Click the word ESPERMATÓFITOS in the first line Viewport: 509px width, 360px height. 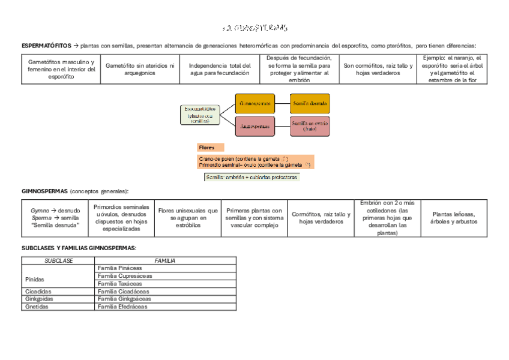click(x=46, y=46)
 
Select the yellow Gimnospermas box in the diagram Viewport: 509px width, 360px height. click(x=254, y=103)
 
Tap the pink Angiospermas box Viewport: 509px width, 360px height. click(x=254, y=126)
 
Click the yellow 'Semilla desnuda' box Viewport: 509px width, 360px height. click(x=310, y=103)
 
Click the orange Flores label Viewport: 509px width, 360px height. click(x=210, y=147)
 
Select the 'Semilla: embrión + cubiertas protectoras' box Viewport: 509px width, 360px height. click(x=251, y=177)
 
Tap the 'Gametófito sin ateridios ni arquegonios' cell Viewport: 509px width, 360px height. click(x=139, y=69)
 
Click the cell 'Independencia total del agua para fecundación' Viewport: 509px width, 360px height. click(x=219, y=69)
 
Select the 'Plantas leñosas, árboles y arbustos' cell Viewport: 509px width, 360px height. click(x=454, y=218)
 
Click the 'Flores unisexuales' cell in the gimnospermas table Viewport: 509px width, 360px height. click(x=188, y=218)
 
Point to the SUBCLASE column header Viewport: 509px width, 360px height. click(x=58, y=260)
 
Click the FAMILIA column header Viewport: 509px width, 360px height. click(x=165, y=260)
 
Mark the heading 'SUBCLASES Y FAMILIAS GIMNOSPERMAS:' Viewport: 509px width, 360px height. click(x=79, y=248)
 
